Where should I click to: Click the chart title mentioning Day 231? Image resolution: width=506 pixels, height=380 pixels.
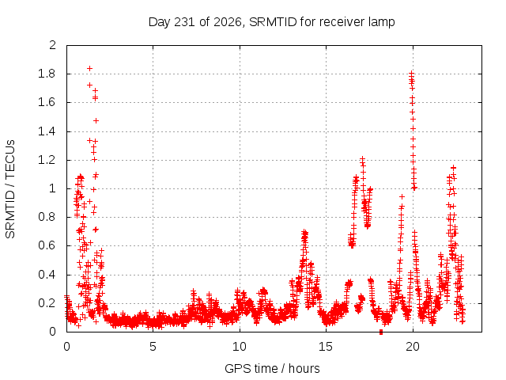[x=271, y=22]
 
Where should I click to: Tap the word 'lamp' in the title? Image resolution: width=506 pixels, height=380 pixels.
[x=382, y=22]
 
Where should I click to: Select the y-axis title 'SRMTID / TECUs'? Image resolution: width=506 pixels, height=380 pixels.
[x=10, y=189]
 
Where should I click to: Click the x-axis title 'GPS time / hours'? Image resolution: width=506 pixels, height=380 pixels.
[x=272, y=368]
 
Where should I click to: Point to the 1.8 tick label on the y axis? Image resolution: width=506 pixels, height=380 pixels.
[x=47, y=74]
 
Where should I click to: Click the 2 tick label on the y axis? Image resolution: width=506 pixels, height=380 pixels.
[x=53, y=45]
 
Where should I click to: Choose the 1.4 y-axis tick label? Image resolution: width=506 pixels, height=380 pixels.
[x=47, y=131]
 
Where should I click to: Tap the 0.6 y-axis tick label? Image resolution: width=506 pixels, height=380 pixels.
[x=47, y=245]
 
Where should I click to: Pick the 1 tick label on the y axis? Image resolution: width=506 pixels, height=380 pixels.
[x=53, y=188]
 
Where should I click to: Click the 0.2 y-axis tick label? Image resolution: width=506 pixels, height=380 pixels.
[x=47, y=303]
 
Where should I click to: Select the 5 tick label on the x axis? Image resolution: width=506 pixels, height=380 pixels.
[x=153, y=347]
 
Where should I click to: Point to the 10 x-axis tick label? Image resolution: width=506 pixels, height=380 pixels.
[x=240, y=347]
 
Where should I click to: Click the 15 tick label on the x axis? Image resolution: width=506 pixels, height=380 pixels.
[x=326, y=347]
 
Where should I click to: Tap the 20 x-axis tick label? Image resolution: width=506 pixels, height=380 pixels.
[x=413, y=347]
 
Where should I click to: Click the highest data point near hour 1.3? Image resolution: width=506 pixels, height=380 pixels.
[x=89, y=69]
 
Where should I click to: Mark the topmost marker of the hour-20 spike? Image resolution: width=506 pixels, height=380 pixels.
[x=411, y=74]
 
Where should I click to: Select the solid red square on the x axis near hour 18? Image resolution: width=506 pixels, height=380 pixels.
[x=381, y=332]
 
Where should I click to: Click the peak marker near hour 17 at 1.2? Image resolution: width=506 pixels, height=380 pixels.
[x=362, y=159]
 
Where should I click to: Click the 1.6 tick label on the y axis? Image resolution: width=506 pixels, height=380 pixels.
[x=47, y=102]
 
